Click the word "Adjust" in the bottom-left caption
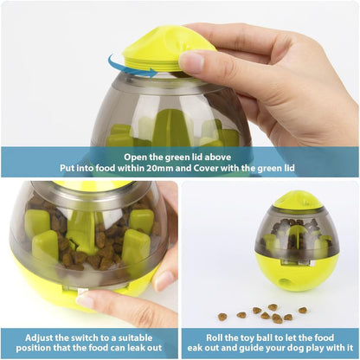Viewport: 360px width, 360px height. pyautogui.click(x=39, y=338)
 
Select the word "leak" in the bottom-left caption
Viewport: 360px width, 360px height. pyautogui.click(x=130, y=348)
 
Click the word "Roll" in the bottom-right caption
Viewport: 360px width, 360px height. pyautogui.click(x=215, y=337)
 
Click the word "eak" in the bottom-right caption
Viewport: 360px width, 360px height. pyautogui.click(x=195, y=348)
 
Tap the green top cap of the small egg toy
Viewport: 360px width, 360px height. pyautogui.click(x=297, y=199)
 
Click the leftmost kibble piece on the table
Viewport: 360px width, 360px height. pyautogui.click(x=222, y=317)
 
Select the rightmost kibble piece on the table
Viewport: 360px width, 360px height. pyautogui.click(x=303, y=310)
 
